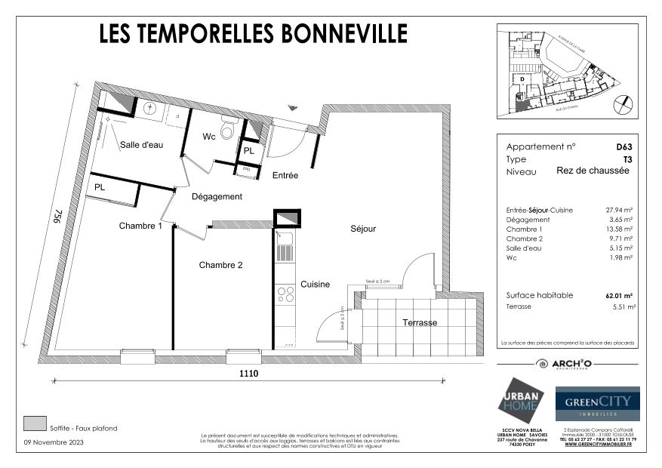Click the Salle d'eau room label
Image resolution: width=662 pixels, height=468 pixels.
[142, 145]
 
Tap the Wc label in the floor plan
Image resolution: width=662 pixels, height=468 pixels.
[210, 137]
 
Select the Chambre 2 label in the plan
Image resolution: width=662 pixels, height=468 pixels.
[220, 265]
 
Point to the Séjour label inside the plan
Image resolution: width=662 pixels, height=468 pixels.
[362, 228]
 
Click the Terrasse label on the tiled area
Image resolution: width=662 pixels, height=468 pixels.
[420, 322]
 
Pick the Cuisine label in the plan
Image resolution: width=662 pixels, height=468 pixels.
[315, 285]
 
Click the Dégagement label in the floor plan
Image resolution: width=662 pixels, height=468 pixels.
[217, 196]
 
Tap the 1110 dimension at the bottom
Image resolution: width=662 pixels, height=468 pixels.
[250, 374]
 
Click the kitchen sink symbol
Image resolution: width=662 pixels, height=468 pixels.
[285, 242]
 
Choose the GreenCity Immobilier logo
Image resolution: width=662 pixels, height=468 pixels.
[597, 404]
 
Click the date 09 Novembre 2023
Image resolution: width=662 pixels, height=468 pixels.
[55, 442]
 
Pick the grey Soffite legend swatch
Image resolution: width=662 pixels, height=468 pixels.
[35, 423]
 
